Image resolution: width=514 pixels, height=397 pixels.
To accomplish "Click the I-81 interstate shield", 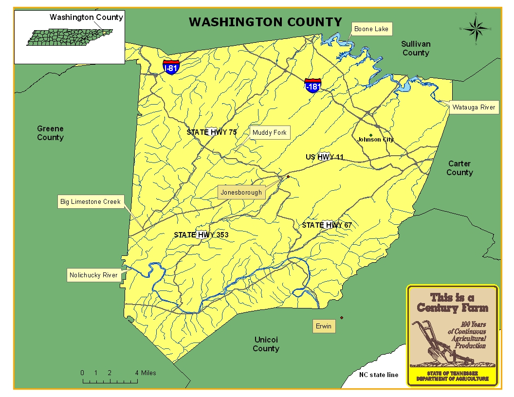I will (x=171, y=67).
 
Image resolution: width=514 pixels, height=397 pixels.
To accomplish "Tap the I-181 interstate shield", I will (x=312, y=86).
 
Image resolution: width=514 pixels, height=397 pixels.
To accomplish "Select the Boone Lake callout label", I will (x=371, y=29).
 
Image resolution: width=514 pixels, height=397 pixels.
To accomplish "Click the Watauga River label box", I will (x=473, y=108).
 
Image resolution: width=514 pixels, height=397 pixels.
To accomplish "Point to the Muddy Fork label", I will (x=269, y=133).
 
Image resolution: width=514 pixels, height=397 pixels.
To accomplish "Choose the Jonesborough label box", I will (x=241, y=192).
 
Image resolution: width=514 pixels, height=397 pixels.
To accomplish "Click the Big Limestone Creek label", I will (x=90, y=201).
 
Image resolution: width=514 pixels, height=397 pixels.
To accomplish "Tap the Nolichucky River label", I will (x=93, y=275).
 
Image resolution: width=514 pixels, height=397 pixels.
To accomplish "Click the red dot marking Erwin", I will (x=342, y=318).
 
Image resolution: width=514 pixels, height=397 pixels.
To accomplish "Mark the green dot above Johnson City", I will (x=371, y=135).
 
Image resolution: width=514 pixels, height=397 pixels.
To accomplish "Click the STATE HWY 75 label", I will (x=212, y=132).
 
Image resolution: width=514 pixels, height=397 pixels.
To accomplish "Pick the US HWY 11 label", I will (x=325, y=157).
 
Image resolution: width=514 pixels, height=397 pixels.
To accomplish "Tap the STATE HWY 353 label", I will (x=201, y=235).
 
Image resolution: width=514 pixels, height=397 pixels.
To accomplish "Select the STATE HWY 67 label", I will (x=326, y=225).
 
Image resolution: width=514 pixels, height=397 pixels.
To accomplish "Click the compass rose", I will (x=476, y=29).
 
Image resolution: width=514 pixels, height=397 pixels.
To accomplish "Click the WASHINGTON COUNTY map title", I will (x=265, y=22).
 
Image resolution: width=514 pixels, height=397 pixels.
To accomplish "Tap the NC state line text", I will (x=378, y=375).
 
